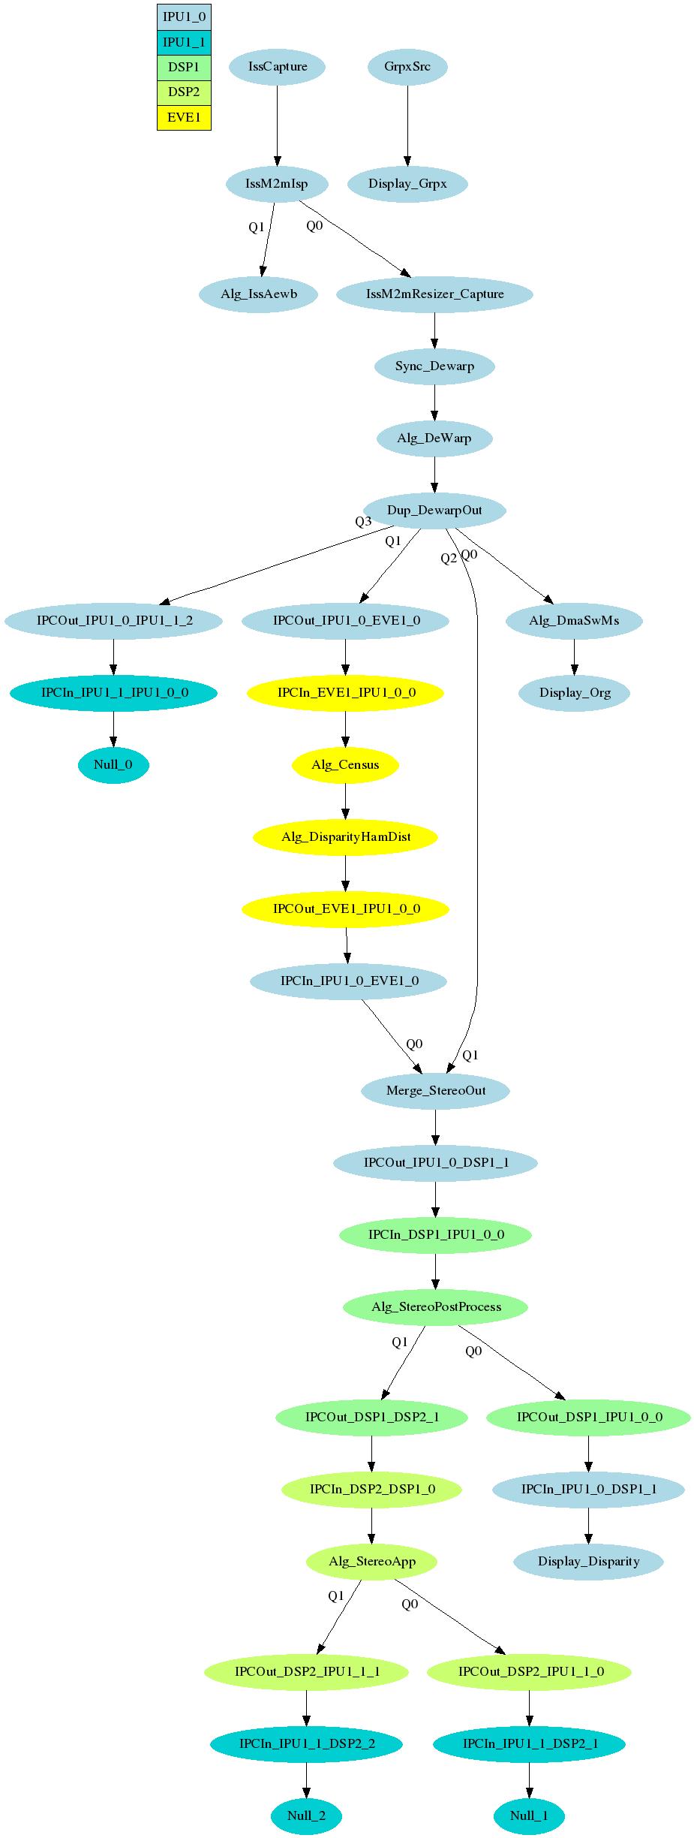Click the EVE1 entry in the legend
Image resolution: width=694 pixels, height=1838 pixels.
[x=184, y=118]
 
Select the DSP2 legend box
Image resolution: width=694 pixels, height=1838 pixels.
[x=184, y=92]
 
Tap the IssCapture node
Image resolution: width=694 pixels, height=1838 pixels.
[x=277, y=66]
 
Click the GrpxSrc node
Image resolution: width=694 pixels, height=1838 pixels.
[x=407, y=66]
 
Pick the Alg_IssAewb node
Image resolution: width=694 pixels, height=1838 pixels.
[x=259, y=294]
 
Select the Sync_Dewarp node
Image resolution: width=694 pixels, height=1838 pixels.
[x=434, y=366]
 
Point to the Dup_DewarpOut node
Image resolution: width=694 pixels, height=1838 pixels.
[x=434, y=511]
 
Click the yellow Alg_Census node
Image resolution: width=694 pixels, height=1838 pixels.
[x=345, y=765]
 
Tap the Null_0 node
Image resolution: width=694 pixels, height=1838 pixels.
[x=113, y=765]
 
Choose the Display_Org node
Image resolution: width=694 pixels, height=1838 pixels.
[x=575, y=693]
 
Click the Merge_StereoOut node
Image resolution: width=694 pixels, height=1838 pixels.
[x=435, y=1090]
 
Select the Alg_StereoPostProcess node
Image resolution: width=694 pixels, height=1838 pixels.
[x=435, y=1306]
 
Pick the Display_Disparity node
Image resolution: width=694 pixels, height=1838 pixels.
[x=588, y=1562]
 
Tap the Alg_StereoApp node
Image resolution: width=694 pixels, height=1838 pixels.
[x=371, y=1562]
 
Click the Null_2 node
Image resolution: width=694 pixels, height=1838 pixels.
[x=306, y=1815]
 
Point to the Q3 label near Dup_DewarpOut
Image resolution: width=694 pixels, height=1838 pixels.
[x=363, y=522]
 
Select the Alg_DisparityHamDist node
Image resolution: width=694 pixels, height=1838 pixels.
[x=345, y=836]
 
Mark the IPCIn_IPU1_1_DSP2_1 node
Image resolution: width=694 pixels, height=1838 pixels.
[x=530, y=1743]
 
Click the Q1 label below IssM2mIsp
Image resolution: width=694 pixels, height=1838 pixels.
[x=257, y=227]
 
